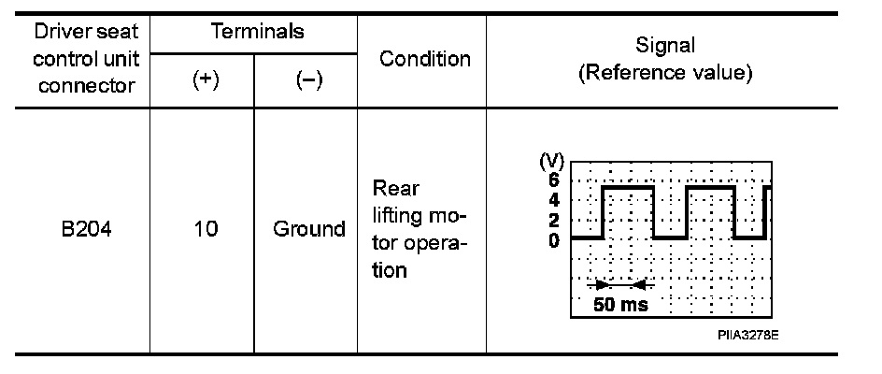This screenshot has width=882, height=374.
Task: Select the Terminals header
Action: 256,33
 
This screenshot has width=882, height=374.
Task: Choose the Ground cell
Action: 308,228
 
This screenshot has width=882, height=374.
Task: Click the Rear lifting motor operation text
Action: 419,229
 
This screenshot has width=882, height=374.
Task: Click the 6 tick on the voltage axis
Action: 553,180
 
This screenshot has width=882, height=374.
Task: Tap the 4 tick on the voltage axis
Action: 553,200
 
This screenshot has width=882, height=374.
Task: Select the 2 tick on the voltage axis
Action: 553,221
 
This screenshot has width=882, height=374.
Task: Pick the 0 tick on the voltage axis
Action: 553,240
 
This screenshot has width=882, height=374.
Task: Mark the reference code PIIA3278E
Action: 748,332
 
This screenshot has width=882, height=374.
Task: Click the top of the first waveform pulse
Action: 628,188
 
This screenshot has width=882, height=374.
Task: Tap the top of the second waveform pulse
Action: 710,188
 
